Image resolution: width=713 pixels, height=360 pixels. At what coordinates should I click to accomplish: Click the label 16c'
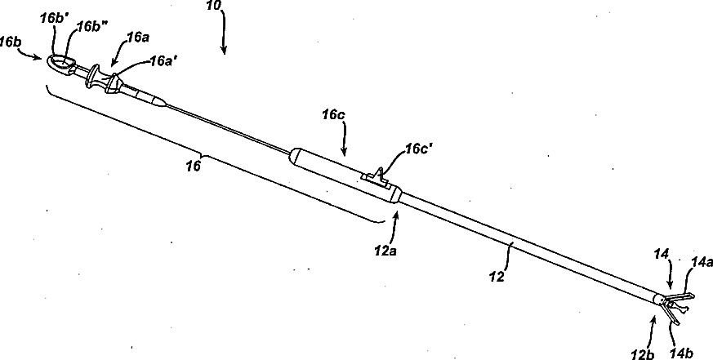421,151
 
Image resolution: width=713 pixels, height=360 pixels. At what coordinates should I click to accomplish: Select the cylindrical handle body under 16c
343,173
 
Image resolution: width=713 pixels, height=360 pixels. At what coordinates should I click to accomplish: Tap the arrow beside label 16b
37,55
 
